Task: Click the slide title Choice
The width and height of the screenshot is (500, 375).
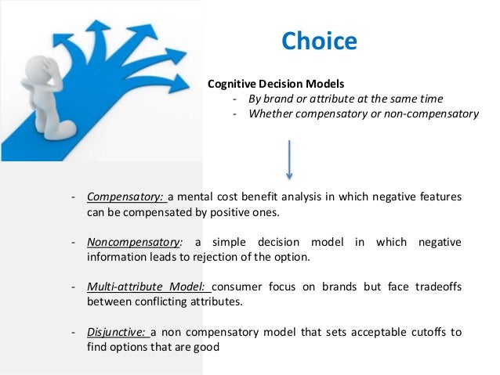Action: coord(318,40)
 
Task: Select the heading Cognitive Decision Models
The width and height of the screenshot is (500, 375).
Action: coord(274,84)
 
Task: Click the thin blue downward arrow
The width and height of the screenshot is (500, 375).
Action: coord(290,160)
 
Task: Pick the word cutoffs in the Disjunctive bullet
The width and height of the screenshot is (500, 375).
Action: coord(422,333)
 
